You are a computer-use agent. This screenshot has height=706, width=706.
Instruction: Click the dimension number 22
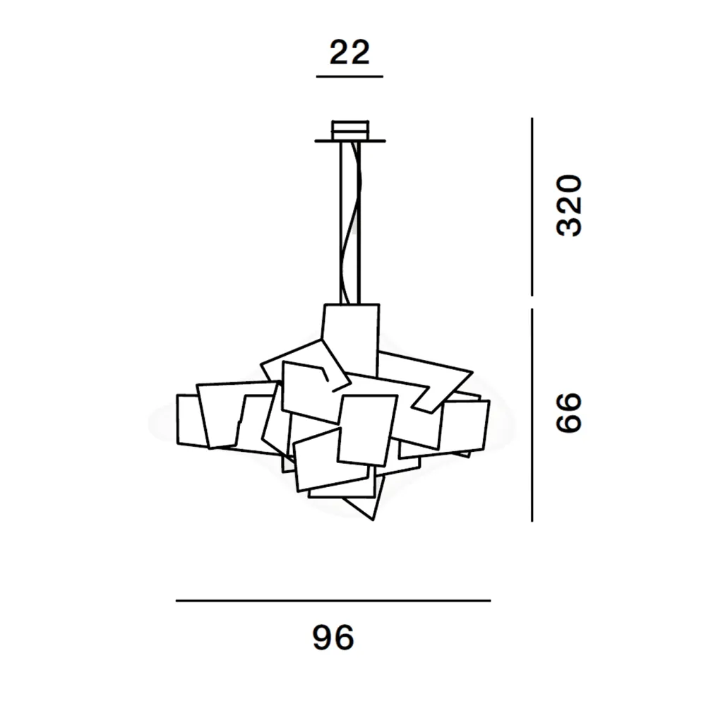(349, 52)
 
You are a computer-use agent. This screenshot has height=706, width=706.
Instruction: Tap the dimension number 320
(569, 205)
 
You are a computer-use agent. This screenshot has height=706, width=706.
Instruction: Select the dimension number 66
(569, 412)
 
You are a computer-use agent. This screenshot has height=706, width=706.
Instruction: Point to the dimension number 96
(333, 637)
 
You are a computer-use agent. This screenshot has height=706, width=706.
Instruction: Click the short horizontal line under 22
(349, 76)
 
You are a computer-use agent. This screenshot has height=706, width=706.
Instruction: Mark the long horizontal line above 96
(333, 601)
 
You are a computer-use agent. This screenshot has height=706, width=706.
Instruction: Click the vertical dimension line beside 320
(532, 207)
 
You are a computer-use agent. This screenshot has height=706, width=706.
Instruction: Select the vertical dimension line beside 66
(532, 415)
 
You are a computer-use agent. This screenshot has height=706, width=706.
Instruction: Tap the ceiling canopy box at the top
(350, 130)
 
